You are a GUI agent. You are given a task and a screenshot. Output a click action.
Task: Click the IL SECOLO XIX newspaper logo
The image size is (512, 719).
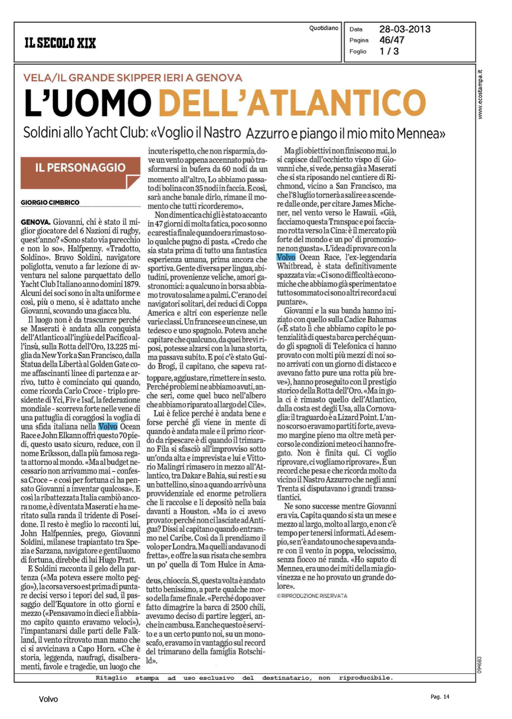[60, 43]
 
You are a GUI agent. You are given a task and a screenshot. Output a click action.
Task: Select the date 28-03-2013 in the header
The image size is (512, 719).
[405, 29]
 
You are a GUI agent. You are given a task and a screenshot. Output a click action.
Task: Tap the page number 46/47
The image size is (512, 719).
[392, 40]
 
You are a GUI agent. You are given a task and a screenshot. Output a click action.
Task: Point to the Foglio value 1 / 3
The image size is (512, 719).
[389, 51]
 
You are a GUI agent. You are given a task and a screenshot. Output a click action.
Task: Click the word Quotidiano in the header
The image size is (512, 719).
[324, 28]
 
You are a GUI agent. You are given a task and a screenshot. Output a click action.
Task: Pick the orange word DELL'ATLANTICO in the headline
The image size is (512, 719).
[292, 103]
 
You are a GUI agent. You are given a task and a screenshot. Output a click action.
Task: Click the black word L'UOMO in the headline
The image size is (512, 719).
[88, 103]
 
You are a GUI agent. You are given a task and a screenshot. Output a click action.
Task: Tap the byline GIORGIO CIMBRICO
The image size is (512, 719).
[50, 203]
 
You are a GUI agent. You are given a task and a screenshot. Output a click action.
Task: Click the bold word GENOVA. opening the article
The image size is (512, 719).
[36, 222]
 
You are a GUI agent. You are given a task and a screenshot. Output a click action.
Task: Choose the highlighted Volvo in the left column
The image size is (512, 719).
[108, 427]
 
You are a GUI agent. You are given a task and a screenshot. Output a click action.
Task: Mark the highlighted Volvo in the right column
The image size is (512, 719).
[286, 257]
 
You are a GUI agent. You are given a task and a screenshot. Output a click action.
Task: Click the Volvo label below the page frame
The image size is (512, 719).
[48, 699]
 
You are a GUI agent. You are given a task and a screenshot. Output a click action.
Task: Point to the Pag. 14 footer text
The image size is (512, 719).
[440, 696]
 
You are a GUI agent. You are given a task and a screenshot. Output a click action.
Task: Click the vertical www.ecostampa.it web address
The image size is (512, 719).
[480, 95]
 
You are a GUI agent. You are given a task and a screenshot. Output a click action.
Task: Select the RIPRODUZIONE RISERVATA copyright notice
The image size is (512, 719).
[312, 596]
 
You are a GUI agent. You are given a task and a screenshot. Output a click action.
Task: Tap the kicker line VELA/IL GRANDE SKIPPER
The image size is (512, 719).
[133, 78]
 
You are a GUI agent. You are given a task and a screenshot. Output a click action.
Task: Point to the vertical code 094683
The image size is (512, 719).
[480, 665]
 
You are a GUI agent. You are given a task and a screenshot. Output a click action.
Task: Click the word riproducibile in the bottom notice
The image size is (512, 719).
[366, 678]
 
